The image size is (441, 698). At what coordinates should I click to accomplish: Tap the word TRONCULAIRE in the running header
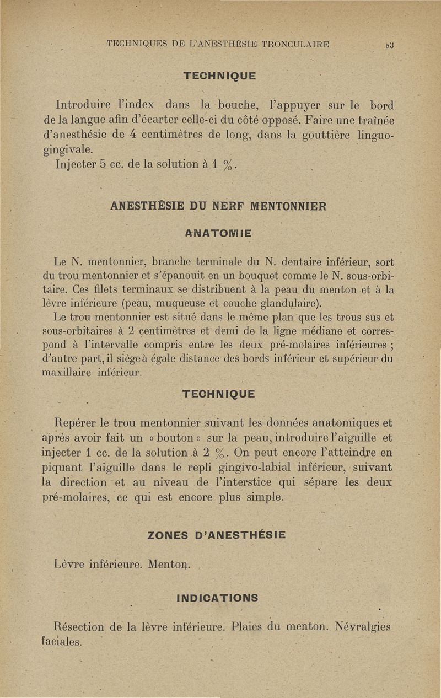pos(292,45)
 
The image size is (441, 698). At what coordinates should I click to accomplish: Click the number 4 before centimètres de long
pos(126,135)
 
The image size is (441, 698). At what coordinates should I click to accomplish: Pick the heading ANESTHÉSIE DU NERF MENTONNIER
pos(218,206)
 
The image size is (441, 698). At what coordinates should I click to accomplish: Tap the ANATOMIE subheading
pos(219,234)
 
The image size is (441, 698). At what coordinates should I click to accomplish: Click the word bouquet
pos(243,274)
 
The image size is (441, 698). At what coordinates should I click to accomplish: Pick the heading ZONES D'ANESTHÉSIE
pos(217,534)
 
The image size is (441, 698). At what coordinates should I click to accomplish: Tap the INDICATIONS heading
pos(217,598)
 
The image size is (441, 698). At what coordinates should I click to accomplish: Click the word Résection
pos(80,627)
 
